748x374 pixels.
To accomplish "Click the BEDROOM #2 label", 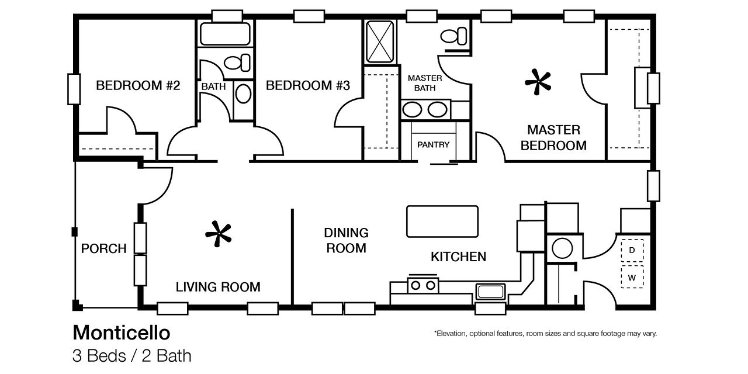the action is [x=138, y=85].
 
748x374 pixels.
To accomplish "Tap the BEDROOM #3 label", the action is [x=308, y=85].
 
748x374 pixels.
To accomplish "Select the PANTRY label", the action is [x=434, y=144].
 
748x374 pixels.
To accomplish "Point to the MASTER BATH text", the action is [x=425, y=83].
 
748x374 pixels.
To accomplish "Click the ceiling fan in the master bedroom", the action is [x=538, y=82].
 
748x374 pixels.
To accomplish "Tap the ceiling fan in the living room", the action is [x=219, y=234].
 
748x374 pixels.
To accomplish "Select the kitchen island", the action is [x=442, y=221].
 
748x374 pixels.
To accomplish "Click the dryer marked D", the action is [x=632, y=250].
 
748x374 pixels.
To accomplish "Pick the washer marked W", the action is [x=632, y=277].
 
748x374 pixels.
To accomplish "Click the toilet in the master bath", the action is [x=453, y=36].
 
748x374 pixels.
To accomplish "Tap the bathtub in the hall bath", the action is [x=225, y=34].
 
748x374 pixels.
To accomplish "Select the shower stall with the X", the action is [x=380, y=41].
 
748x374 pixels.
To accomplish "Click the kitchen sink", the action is [x=490, y=292].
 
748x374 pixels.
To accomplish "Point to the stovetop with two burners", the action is [x=423, y=285].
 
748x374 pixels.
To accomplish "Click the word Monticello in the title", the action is [x=122, y=333].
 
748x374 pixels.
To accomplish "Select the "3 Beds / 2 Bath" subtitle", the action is [x=132, y=356].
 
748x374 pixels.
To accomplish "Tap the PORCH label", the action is [x=104, y=248].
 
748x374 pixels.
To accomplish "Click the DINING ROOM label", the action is [x=347, y=240].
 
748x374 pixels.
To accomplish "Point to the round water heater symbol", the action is [x=562, y=248].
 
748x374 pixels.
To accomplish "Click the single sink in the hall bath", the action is [x=244, y=93].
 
